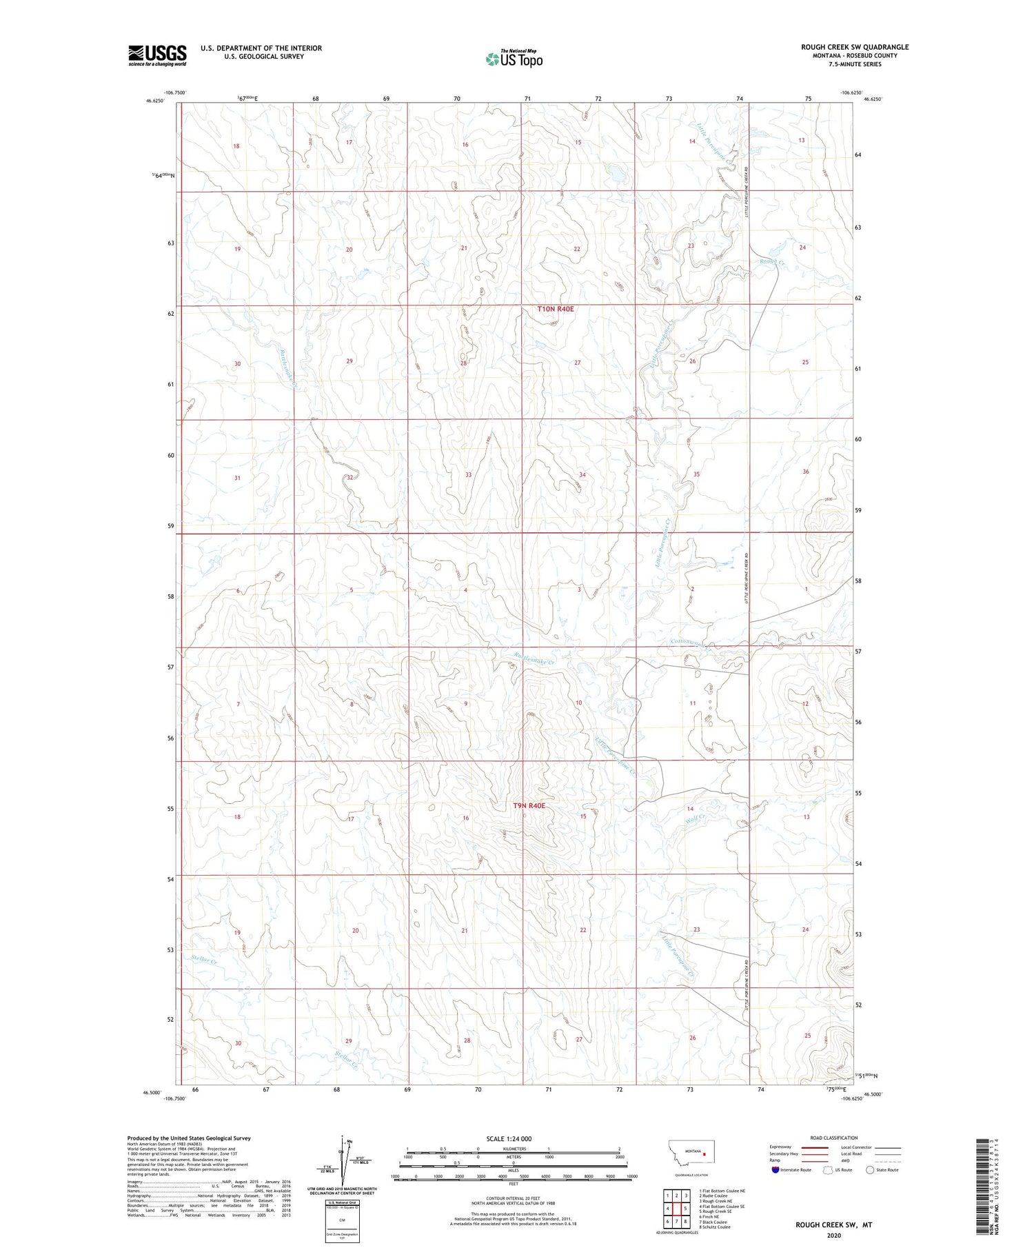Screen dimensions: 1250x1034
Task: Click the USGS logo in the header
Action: coord(157,55)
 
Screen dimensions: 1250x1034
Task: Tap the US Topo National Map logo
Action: coord(514,59)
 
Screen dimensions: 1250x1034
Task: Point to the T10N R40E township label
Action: coord(555,310)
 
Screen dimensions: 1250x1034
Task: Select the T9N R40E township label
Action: coord(529,805)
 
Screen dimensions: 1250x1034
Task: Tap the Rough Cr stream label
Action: coord(771,261)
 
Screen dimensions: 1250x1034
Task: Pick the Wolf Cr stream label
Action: coord(696,818)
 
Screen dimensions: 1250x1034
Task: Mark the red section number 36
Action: coord(805,472)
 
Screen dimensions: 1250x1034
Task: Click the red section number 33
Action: coord(468,475)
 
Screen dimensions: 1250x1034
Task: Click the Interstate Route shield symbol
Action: coord(775,1170)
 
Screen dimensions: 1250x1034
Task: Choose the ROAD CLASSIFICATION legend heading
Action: coord(834,1138)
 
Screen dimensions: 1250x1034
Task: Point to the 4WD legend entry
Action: coord(846,1160)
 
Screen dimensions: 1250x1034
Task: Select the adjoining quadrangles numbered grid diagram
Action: coord(676,1208)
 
